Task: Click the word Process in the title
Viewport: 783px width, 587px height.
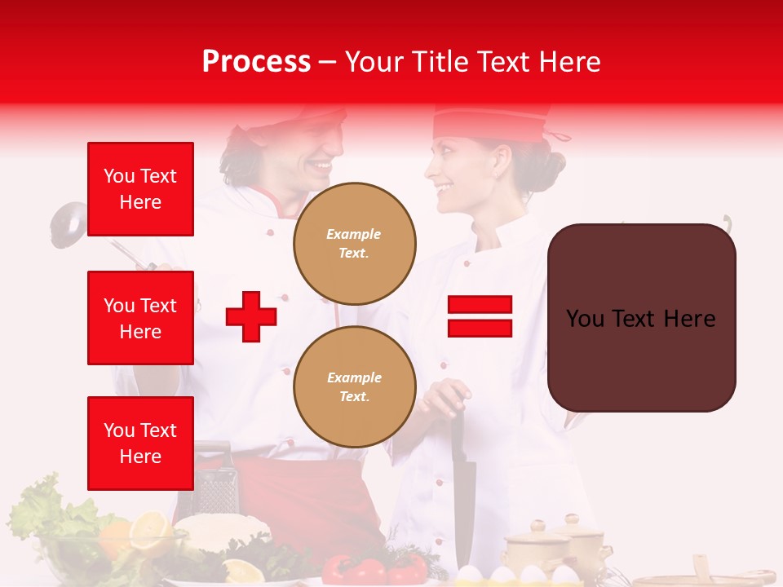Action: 256,62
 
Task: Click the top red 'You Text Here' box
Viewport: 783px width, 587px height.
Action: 140,189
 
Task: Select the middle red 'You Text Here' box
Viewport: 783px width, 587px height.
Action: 140,318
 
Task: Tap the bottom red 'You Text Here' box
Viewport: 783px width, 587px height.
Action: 140,443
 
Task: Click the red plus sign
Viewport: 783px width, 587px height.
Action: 251,316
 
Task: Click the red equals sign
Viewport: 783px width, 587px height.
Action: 480,316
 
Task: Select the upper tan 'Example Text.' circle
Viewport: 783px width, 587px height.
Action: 354,243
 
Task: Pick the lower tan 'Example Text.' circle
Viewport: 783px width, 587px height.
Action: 354,386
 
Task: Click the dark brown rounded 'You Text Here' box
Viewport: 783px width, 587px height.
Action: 641,318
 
